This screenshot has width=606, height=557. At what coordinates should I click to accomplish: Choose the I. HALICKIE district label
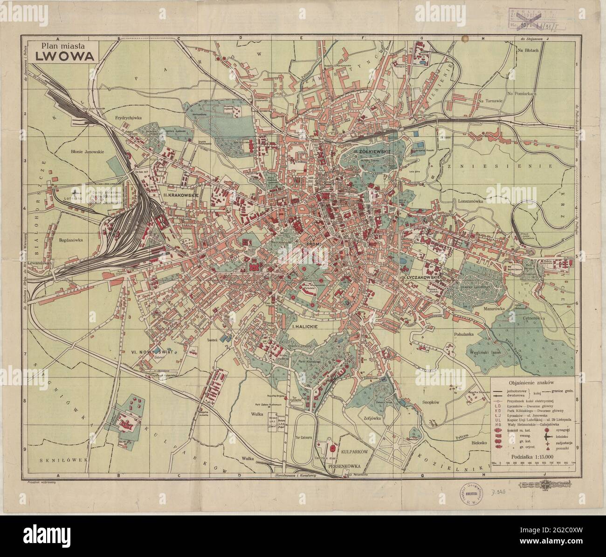(305, 327)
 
